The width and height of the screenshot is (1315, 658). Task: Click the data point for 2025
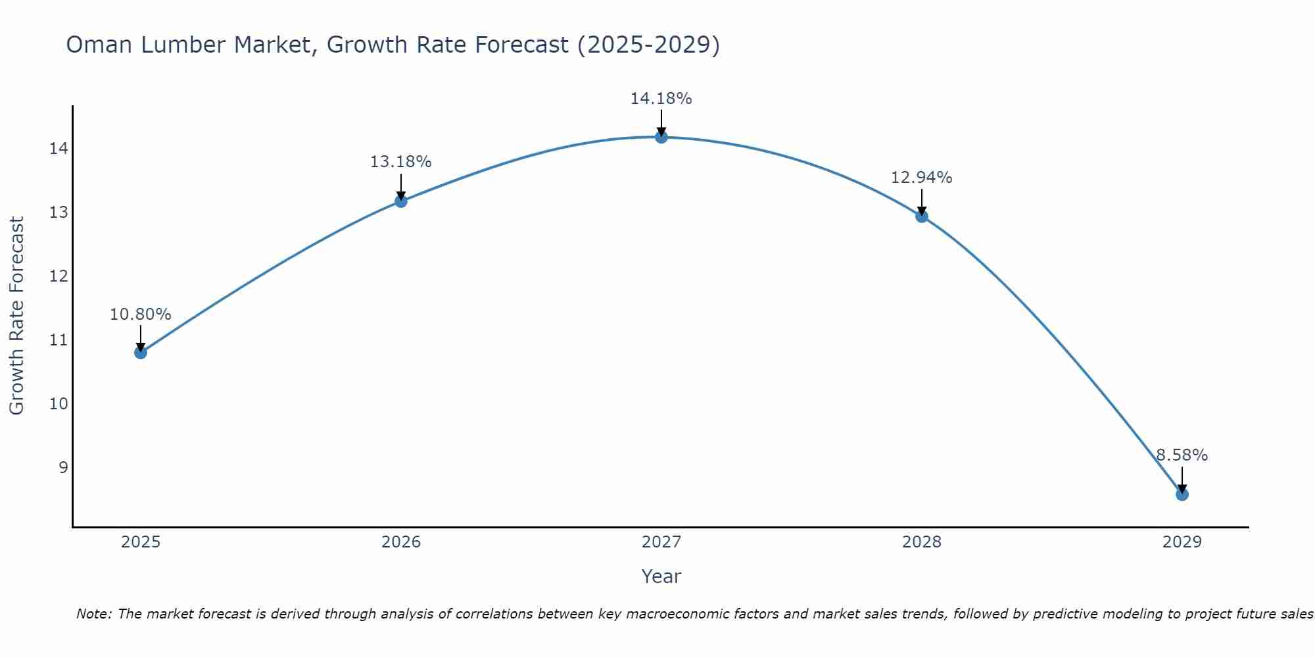coord(140,353)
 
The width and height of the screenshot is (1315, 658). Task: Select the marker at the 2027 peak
coord(661,137)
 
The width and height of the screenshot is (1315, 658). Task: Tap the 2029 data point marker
coord(1182,494)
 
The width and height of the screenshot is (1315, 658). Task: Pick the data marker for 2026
coord(400,201)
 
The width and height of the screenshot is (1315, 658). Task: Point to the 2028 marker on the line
coord(921,216)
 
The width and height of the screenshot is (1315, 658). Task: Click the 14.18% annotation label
coord(661,99)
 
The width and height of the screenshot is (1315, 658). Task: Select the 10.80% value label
coord(140,315)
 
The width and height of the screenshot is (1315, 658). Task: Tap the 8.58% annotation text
coord(1182,455)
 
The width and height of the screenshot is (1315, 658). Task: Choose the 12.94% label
coord(921,178)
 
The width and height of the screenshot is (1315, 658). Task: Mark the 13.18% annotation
coord(400,162)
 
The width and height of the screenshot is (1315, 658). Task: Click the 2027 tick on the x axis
coord(661,542)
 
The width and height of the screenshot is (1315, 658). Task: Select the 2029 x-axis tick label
coord(1182,542)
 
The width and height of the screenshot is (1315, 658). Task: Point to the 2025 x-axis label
coord(141,542)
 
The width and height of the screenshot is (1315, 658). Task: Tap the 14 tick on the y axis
coord(58,149)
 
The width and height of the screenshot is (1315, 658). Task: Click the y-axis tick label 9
coord(63,468)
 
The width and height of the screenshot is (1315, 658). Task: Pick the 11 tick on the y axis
coord(58,340)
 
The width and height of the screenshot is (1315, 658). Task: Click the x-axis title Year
coord(661,576)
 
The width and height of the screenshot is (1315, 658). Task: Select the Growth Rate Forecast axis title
coord(16,315)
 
